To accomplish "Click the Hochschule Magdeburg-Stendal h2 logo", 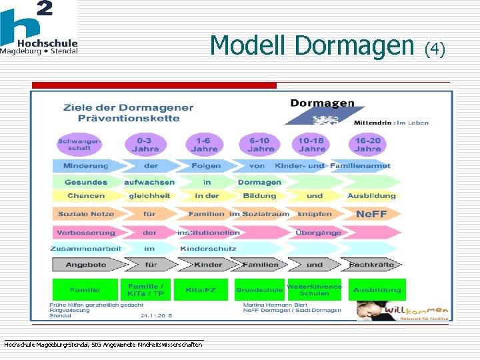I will [39, 27].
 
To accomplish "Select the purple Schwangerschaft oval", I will [79, 144].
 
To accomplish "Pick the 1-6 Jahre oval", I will [203, 145].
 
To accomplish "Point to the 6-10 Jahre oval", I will [259, 145].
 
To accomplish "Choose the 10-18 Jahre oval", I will [311, 145].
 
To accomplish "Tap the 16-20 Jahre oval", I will [367, 145].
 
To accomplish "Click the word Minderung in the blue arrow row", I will [85, 166].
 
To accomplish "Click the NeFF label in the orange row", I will [371, 214].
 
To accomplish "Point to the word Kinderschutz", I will [207, 249].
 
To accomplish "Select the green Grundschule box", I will [259, 290].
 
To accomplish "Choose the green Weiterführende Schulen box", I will [315, 290].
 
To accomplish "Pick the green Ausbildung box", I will [377, 290].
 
